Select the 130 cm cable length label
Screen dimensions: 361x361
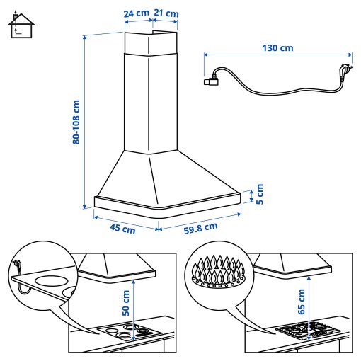(277, 48)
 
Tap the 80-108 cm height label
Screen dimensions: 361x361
(76, 121)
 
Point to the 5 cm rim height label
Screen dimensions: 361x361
(259, 194)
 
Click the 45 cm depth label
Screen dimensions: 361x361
(122, 228)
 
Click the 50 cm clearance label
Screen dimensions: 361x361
(126, 302)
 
